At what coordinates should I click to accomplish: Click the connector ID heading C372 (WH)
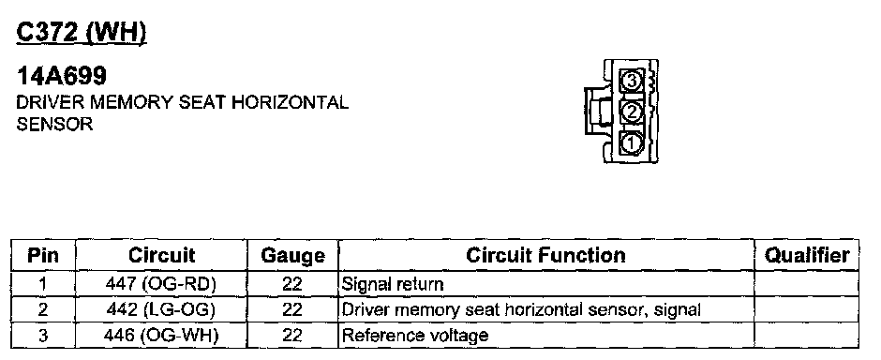point(82,33)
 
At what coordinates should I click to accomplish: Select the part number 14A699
point(61,75)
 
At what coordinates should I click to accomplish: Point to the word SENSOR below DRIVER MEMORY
point(54,124)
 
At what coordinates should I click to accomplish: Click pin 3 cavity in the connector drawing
point(632,81)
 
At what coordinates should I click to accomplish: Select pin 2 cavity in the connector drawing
point(632,112)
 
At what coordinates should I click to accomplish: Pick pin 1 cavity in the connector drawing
point(632,142)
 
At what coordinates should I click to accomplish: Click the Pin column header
point(43,256)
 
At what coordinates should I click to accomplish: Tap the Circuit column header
point(161,256)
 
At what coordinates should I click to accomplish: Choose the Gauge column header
point(292,256)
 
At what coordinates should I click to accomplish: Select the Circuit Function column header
point(545,256)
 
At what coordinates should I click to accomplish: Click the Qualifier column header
point(806,256)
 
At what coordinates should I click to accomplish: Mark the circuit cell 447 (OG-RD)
point(160,284)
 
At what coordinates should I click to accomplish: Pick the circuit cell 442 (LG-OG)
point(160,309)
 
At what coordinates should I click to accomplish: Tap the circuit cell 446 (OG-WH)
point(160,336)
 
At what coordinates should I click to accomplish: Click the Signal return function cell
point(392,284)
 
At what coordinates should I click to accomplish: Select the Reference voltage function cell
point(414,336)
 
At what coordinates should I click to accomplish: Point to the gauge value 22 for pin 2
point(292,309)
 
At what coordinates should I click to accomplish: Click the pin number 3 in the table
point(43,336)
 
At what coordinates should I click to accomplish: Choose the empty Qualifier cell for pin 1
point(806,284)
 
